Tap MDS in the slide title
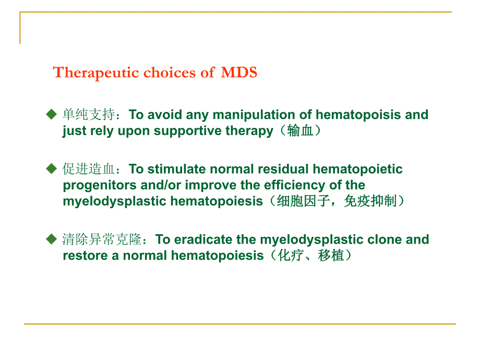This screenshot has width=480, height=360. click(239, 73)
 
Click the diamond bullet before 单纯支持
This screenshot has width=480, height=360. click(51, 114)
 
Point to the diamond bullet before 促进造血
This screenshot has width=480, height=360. click(51, 169)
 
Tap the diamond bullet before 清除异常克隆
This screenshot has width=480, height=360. click(51, 239)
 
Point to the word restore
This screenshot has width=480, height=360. click(81, 256)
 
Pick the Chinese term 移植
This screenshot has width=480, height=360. click(331, 256)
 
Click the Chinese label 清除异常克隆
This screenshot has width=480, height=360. click(102, 239)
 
